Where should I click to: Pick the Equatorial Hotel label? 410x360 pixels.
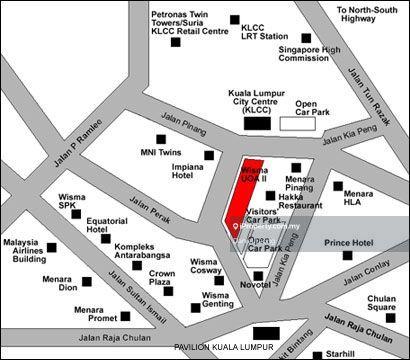click(x=106, y=225)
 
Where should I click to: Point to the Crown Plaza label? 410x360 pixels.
click(x=162, y=278)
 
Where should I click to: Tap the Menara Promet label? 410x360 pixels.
click(x=96, y=315)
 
